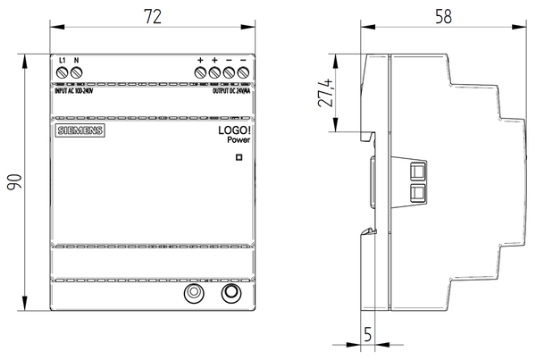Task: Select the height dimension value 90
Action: [x=15, y=182]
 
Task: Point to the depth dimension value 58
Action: [x=441, y=15]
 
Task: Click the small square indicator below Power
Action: [x=239, y=158]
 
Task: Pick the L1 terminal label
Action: [x=62, y=61]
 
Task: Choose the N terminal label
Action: [x=77, y=61]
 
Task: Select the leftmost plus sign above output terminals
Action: [x=200, y=61]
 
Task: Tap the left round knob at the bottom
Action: [x=192, y=292]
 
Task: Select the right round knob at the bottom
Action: [x=230, y=292]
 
